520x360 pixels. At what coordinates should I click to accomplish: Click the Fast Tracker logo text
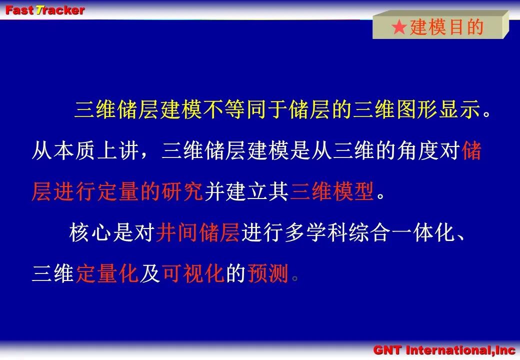[x=45, y=10]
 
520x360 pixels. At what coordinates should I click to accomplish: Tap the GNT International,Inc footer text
[x=444, y=350]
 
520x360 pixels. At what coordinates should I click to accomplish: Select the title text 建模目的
[x=446, y=27]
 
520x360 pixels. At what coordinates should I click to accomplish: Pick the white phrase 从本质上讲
[x=85, y=150]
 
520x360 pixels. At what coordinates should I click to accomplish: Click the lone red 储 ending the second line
[x=471, y=150]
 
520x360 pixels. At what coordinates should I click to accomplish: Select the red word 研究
[x=182, y=191]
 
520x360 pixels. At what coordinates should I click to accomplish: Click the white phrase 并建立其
[x=246, y=191]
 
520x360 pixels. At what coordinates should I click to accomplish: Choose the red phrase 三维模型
[x=332, y=191]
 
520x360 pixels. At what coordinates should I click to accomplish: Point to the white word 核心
[x=90, y=232]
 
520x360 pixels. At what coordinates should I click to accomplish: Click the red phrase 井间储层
[x=197, y=232]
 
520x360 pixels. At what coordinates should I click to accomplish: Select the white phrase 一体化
[x=423, y=232]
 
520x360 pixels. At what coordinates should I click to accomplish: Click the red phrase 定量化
[x=107, y=273]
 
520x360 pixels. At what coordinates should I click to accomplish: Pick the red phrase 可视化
[x=193, y=273]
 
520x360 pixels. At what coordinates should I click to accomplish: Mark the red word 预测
[x=267, y=273]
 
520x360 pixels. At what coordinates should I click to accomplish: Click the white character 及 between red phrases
[x=150, y=273]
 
